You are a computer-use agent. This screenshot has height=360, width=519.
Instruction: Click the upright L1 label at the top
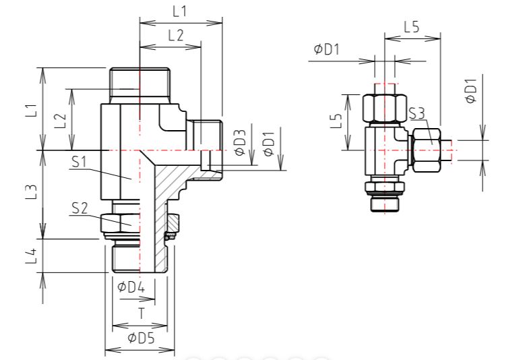[x=180, y=12]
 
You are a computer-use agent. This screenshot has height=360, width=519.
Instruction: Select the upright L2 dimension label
[x=176, y=35]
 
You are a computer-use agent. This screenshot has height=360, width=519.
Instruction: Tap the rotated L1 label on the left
[x=32, y=111]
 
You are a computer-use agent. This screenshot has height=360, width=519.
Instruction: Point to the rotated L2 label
[x=61, y=121]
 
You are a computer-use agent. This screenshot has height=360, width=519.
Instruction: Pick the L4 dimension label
[x=32, y=256]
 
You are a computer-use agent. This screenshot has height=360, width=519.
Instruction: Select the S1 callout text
[x=79, y=162]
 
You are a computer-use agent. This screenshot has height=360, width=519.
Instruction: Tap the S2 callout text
[x=80, y=208]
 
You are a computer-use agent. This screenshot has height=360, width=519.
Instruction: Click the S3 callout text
[x=417, y=114]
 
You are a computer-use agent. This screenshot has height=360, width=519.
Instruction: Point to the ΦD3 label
[x=241, y=142]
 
